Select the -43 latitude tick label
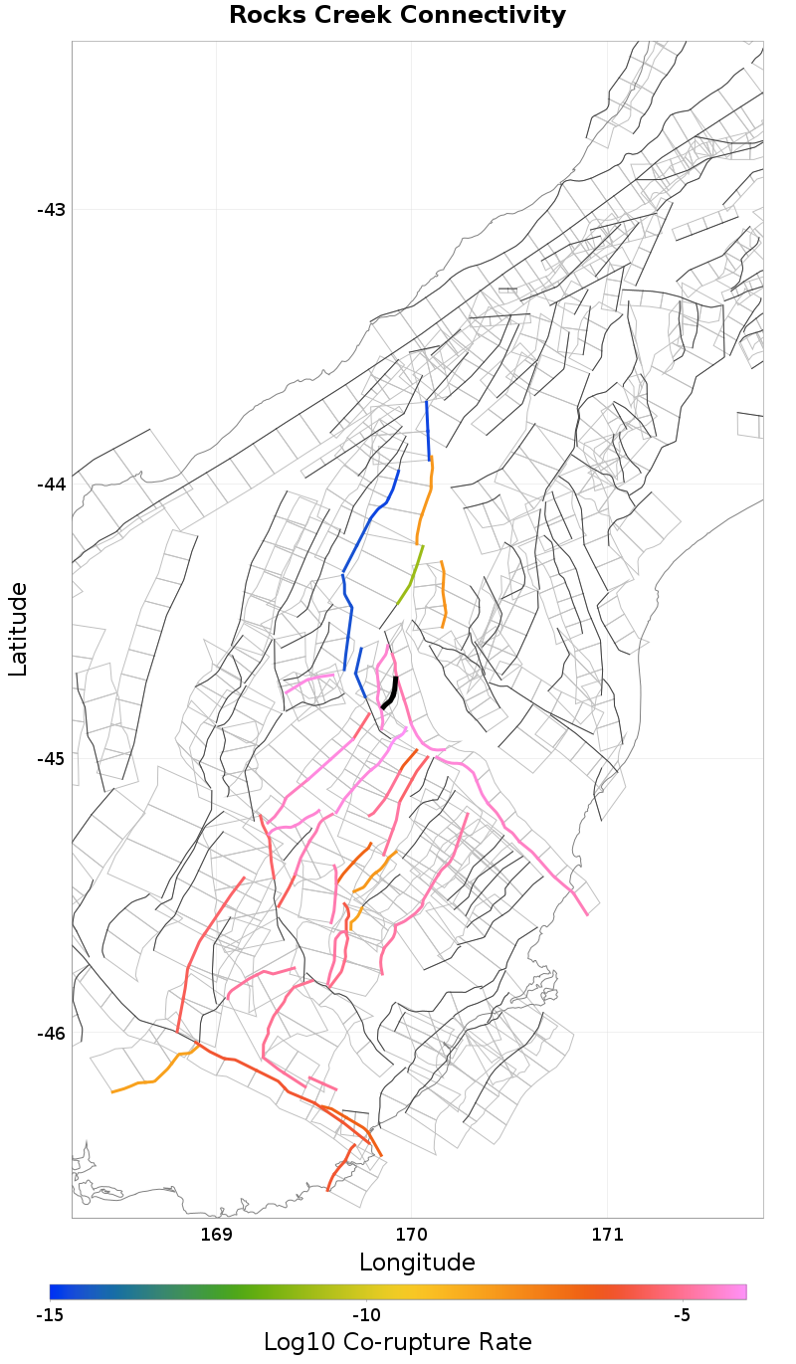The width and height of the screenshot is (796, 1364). click(51, 210)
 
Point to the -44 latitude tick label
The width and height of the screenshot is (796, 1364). click(51, 485)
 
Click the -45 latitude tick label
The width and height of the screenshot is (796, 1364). click(51, 759)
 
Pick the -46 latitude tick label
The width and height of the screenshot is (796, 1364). click(51, 1034)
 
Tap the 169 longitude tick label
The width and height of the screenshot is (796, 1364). click(216, 1235)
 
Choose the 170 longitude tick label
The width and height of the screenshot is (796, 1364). click(411, 1235)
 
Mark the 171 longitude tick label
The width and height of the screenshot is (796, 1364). click(606, 1235)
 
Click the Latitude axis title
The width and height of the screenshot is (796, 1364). click(19, 630)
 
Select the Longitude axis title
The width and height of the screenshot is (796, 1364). click(417, 1263)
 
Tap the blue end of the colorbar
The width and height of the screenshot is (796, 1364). click(54, 1291)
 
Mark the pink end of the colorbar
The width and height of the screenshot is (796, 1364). click(741, 1291)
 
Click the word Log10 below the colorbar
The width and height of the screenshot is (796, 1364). click(296, 1341)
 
